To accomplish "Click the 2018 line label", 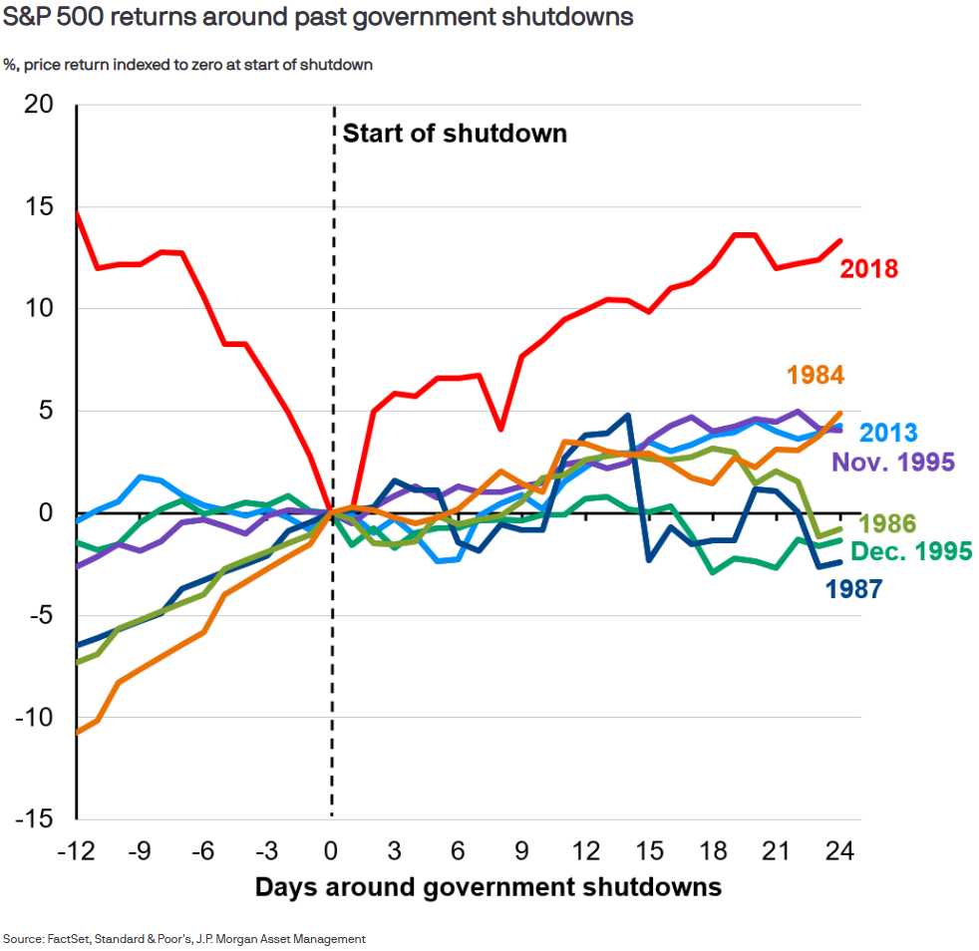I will tap(869, 269).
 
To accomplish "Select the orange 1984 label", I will tap(816, 375).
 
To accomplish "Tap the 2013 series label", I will tap(888, 433).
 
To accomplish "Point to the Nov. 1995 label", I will tap(893, 463).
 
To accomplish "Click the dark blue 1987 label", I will tap(854, 588).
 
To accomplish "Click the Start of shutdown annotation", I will tap(455, 134).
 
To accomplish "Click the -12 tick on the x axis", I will tap(76, 852).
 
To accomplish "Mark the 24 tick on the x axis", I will tap(842, 852).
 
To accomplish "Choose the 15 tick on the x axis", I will tap(650, 852).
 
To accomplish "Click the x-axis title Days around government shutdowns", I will tap(488, 886).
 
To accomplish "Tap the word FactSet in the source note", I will tap(68, 938).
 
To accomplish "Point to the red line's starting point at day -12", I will tap(77, 212).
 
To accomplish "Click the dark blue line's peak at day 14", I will tap(628, 416).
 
